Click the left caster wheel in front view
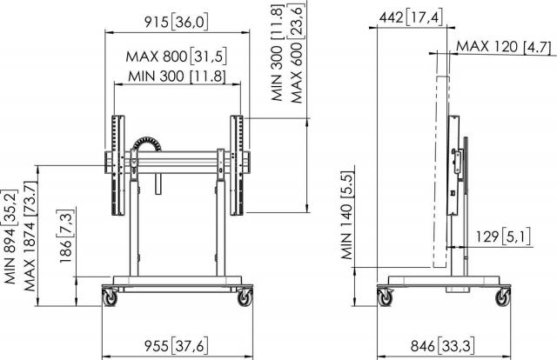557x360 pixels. (111, 297)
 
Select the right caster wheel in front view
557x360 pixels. (245, 297)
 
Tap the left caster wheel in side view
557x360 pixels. (385, 297)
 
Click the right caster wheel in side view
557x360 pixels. (502, 297)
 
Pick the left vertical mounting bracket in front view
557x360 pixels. (116, 164)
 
